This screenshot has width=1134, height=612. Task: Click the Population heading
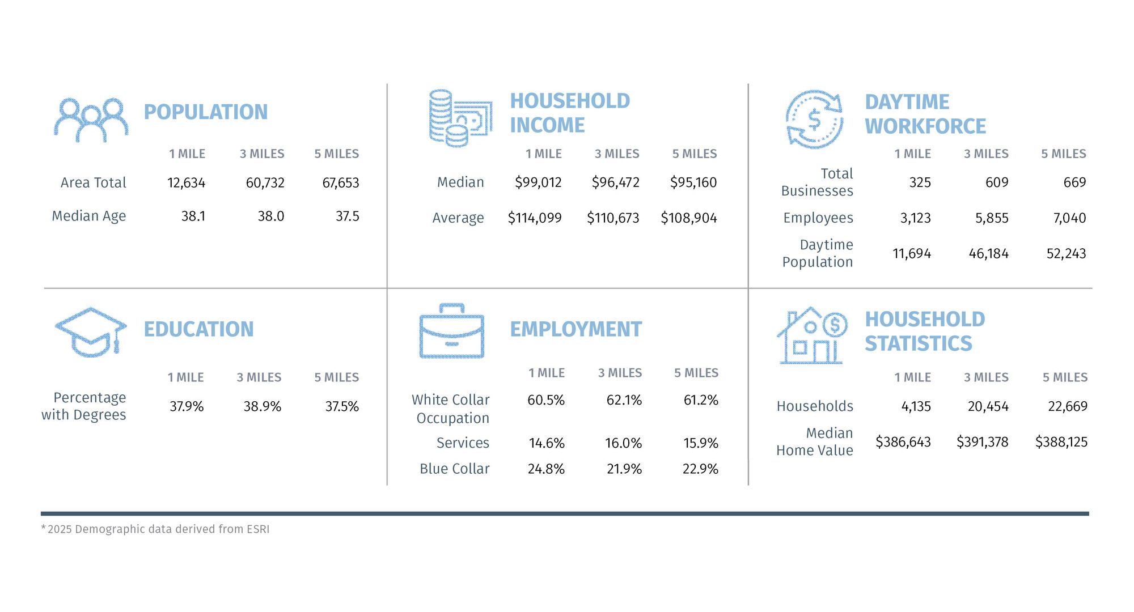point(205,112)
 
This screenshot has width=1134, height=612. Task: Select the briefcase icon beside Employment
point(451,332)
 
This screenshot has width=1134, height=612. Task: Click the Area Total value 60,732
point(265,183)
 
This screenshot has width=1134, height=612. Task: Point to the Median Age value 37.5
point(347,216)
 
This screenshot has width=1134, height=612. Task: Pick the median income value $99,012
point(538,182)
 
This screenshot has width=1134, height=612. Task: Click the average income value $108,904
point(688,218)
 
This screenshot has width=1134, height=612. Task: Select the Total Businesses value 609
point(996,182)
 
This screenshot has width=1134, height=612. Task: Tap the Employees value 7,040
point(1069,218)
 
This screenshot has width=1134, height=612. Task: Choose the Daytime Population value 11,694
point(911,254)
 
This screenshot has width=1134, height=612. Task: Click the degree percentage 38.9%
point(262,407)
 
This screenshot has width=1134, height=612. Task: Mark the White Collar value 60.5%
point(545,401)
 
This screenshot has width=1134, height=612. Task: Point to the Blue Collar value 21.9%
point(624,469)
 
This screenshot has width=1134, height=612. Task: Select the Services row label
point(463,443)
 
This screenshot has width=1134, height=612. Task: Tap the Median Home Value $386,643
point(903,442)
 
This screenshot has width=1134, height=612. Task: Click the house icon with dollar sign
point(811,337)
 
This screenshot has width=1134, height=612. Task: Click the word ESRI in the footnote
point(258,529)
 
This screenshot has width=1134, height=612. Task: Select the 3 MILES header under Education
point(259,377)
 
